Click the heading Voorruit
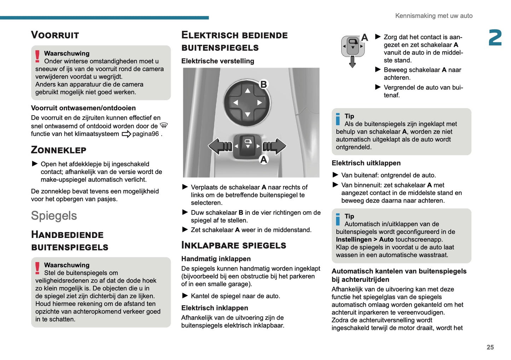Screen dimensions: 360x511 (55, 35)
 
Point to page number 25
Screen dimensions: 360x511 (490, 347)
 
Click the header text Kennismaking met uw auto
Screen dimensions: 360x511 (434, 16)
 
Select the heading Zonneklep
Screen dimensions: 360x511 (58, 150)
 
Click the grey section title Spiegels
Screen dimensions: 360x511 (54, 216)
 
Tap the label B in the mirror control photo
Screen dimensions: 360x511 (263, 85)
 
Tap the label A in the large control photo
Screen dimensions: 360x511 (263, 160)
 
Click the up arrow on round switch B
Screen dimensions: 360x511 (248, 91)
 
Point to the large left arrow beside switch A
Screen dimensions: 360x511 (219, 146)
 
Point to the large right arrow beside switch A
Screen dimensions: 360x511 (275, 146)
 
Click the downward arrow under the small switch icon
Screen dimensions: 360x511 (352, 62)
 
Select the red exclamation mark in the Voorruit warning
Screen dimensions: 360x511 (37, 57)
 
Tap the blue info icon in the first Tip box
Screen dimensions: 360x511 (338, 119)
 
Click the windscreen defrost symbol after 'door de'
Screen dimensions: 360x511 (164, 126)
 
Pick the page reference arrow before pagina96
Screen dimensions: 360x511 (126, 134)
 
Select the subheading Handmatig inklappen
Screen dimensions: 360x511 (216, 259)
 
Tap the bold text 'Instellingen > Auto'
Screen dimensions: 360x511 (365, 239)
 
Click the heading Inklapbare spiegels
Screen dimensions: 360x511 (233, 245)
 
